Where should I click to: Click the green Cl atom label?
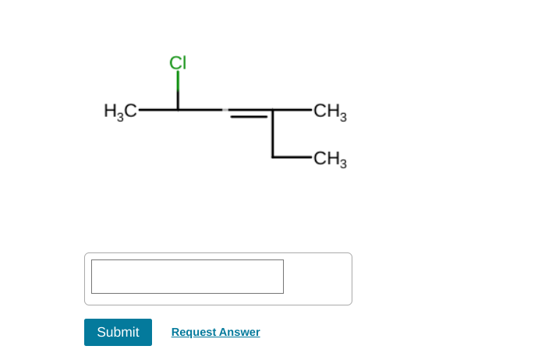(178, 62)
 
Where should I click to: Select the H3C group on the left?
(120, 111)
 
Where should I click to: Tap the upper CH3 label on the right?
(329, 111)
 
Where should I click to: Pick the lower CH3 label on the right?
(329, 159)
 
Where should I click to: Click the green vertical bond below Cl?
(178, 82)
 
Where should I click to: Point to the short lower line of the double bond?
(248, 118)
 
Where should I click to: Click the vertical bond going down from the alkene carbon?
(272, 134)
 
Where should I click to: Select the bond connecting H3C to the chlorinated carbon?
(158, 110)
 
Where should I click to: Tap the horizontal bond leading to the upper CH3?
(292, 110)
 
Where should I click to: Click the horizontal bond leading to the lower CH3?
(292, 157)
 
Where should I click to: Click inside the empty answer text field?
(187, 277)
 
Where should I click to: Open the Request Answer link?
(215, 332)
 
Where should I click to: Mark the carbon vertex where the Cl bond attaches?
(178, 110)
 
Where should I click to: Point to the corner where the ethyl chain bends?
(272, 157)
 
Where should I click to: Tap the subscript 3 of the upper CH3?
(343, 117)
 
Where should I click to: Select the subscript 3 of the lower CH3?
(343, 164)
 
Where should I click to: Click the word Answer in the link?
(238, 332)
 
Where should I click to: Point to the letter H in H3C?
(110, 111)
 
